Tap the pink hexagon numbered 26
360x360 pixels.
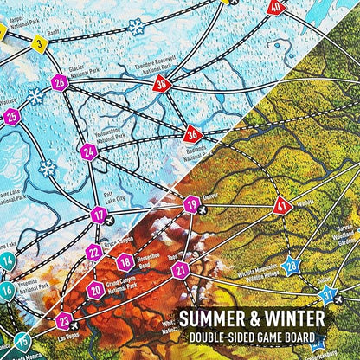(59, 83)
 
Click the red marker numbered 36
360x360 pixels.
(193, 134)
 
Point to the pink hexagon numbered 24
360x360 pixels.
(88, 153)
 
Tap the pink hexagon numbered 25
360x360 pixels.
(11, 117)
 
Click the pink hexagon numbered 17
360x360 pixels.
(100, 215)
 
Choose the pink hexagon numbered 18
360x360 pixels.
(125, 261)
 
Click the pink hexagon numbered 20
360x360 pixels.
(96, 289)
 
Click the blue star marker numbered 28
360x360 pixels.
(292, 266)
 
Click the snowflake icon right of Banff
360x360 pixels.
(135, 27)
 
